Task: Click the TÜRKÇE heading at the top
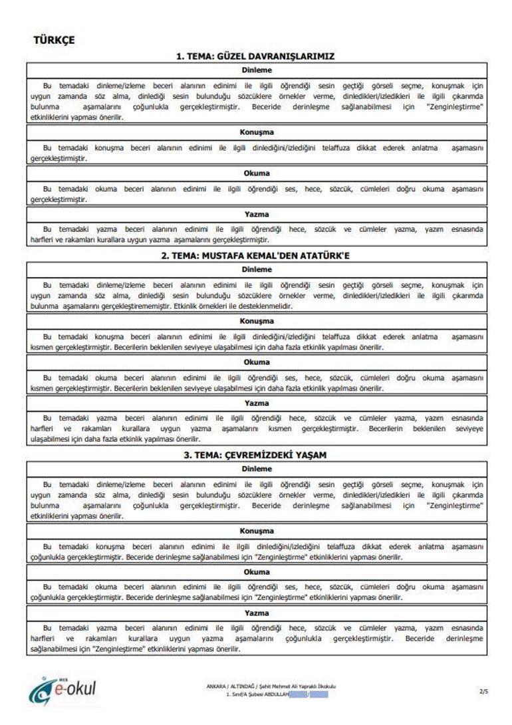tap(54, 41)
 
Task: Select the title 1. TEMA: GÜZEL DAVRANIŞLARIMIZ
tap(255, 56)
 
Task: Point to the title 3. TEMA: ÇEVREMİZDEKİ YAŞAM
tap(256, 455)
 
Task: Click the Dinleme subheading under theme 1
tap(256, 70)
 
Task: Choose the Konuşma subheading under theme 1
tap(256, 132)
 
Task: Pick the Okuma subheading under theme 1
tap(256, 173)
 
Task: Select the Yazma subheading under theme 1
tap(256, 215)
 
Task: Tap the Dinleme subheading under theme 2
tap(256, 269)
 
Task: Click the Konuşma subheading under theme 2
tap(256, 322)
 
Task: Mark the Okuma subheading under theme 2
tap(256, 362)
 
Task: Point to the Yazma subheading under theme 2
tap(256, 403)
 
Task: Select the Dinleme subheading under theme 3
tap(256, 468)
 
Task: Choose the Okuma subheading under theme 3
tap(256, 572)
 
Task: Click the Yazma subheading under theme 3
tap(256, 613)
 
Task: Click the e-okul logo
tap(63, 690)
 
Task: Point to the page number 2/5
tap(483, 692)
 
